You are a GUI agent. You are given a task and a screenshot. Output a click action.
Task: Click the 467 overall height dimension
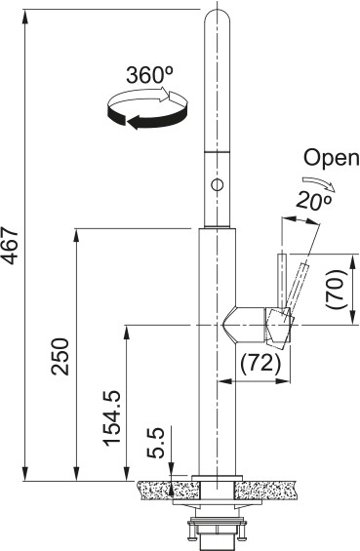11,251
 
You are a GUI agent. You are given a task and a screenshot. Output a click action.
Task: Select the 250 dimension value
60,357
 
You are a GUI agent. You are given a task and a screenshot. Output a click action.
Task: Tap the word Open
325,157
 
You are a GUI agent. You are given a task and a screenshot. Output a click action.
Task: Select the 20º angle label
312,200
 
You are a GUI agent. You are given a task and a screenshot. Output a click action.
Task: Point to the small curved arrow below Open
319,182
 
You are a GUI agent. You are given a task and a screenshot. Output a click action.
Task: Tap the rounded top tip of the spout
217,14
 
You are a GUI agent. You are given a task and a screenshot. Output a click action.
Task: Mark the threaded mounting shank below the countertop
217,528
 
